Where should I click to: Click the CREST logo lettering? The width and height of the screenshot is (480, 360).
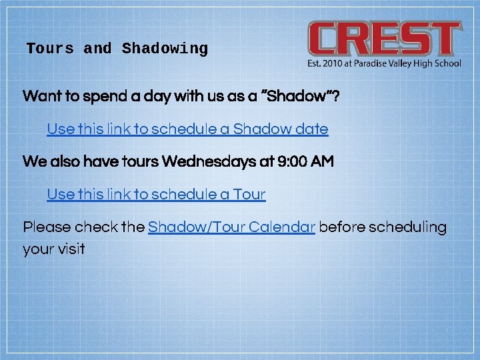(384, 39)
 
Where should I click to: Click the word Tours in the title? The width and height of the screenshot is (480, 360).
(50, 49)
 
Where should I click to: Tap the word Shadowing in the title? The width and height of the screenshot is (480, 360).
(165, 49)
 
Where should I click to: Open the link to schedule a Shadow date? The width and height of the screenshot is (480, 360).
(187, 129)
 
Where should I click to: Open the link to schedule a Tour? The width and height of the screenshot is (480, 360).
(156, 195)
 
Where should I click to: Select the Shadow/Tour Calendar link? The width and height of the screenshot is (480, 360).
(231, 227)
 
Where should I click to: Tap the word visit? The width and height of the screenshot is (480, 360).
(70, 249)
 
